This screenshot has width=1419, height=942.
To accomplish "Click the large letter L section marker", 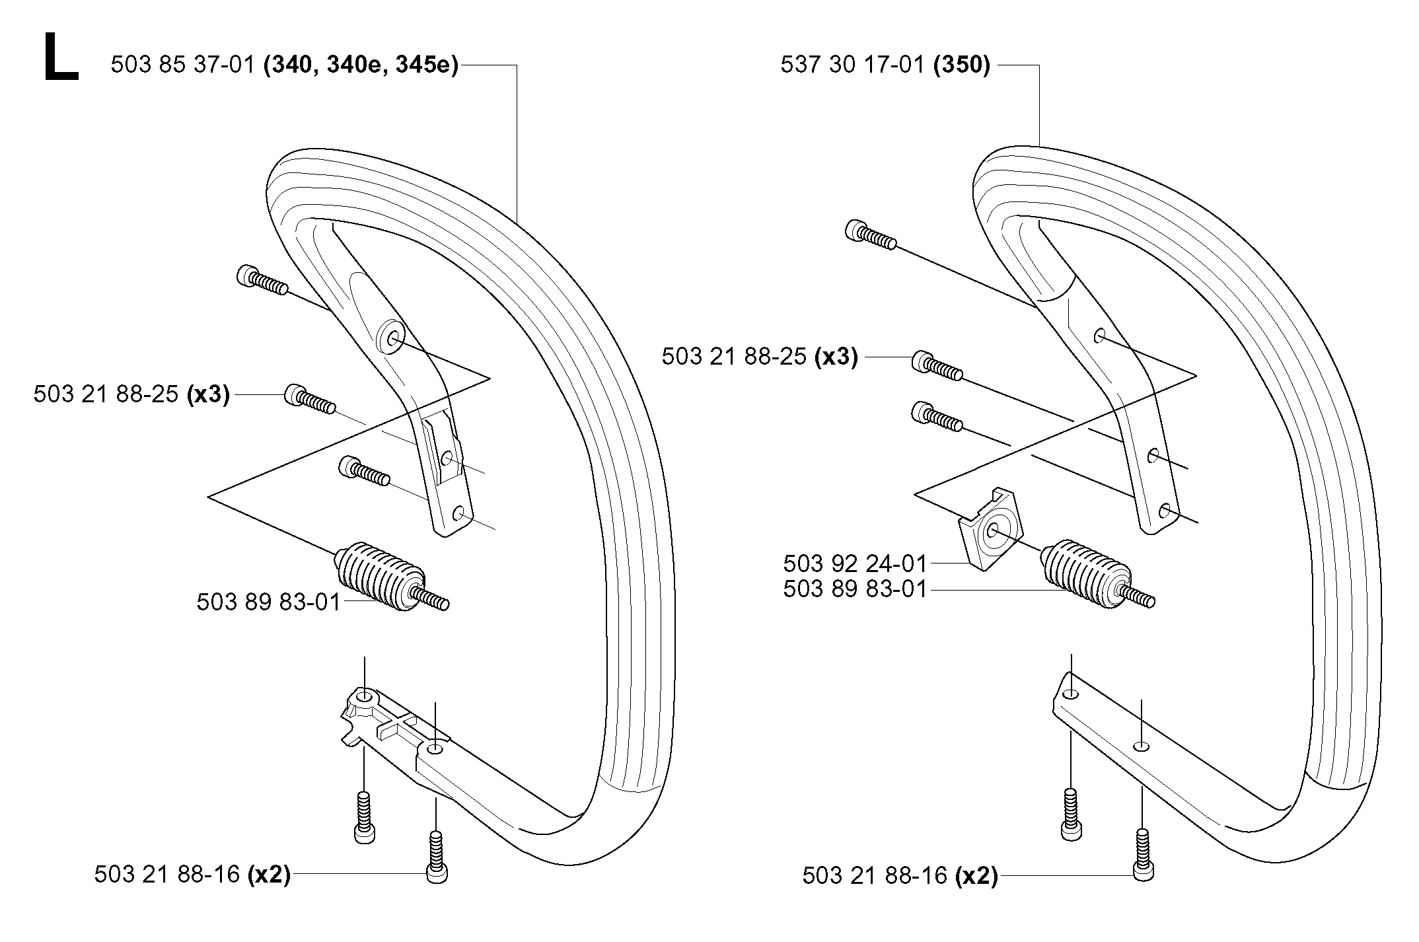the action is point(61,58).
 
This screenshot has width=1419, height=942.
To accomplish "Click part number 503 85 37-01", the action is point(183,65).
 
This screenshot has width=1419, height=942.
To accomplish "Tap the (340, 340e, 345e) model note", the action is point(361,66).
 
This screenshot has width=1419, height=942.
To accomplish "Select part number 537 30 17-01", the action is point(852,65).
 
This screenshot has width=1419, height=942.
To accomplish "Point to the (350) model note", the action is point(962,66).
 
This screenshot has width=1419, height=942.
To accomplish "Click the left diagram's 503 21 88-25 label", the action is point(106,394).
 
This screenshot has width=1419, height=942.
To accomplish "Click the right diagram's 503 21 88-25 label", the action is point(734,357).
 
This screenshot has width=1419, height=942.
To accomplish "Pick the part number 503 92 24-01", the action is point(855,563).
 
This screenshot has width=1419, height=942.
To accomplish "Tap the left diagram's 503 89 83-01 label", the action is point(268,602).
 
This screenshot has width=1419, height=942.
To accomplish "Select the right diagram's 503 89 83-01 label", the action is point(855,589).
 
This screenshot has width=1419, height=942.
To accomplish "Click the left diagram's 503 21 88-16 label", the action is point(166,874).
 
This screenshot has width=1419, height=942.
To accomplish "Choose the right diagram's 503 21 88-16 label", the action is point(875,876).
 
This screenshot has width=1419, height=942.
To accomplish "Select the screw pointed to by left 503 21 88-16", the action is point(437,857).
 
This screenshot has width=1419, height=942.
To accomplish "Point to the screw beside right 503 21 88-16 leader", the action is point(1144,855).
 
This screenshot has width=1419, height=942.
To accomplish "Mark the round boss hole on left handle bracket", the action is point(392,338).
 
